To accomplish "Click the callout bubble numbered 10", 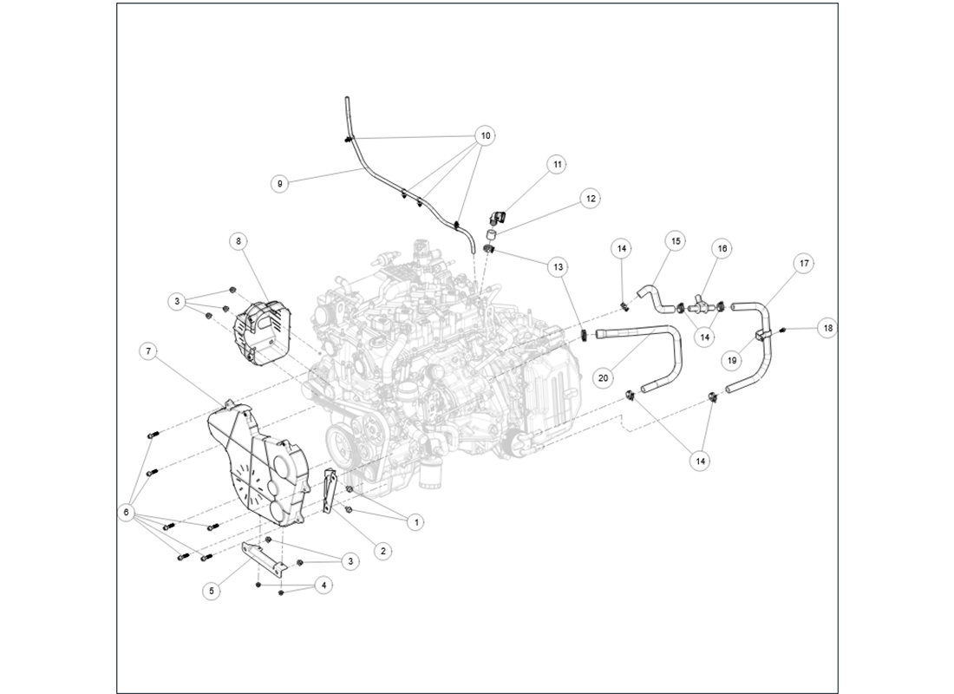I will (x=486, y=135).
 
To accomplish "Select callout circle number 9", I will (x=279, y=184).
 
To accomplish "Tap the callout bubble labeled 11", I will (x=556, y=164).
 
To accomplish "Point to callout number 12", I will (x=591, y=199).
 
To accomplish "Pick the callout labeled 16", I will (x=722, y=248).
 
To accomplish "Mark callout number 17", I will (x=804, y=262).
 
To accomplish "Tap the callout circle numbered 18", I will (x=827, y=329).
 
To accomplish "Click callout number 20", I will (x=604, y=377).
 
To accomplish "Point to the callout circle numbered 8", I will (x=239, y=240).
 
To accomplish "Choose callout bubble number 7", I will (x=149, y=351).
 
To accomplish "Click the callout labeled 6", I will (x=127, y=514).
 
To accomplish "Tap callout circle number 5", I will (x=211, y=591).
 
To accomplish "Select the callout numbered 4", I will (x=323, y=586).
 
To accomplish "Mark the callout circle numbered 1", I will (x=417, y=522).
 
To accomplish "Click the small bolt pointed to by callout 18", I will (x=782, y=330).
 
